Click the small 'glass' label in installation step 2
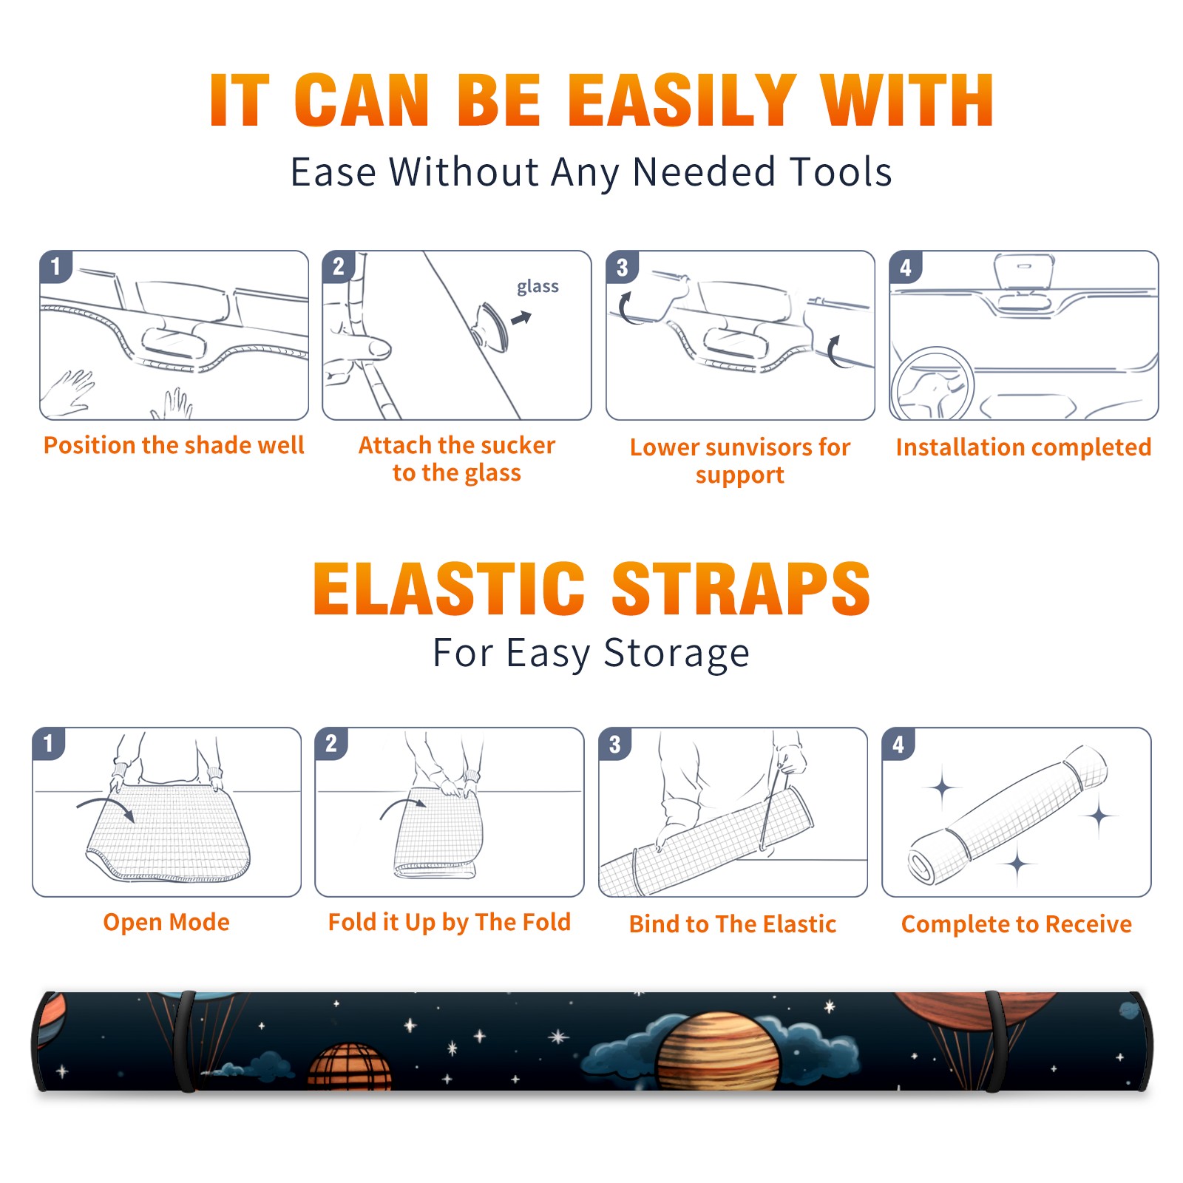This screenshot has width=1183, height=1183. click(538, 287)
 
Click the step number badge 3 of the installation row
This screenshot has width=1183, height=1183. click(622, 267)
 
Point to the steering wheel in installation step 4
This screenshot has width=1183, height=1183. click(932, 384)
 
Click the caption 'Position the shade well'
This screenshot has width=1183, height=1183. click(174, 445)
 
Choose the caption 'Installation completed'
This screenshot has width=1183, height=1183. click(1023, 447)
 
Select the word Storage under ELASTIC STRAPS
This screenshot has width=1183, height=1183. click(677, 654)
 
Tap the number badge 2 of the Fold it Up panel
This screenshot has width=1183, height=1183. click(331, 744)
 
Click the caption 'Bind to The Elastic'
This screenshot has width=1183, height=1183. click(733, 924)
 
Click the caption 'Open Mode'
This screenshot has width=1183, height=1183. click(166, 922)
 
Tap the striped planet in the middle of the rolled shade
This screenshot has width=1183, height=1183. click(718, 1053)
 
